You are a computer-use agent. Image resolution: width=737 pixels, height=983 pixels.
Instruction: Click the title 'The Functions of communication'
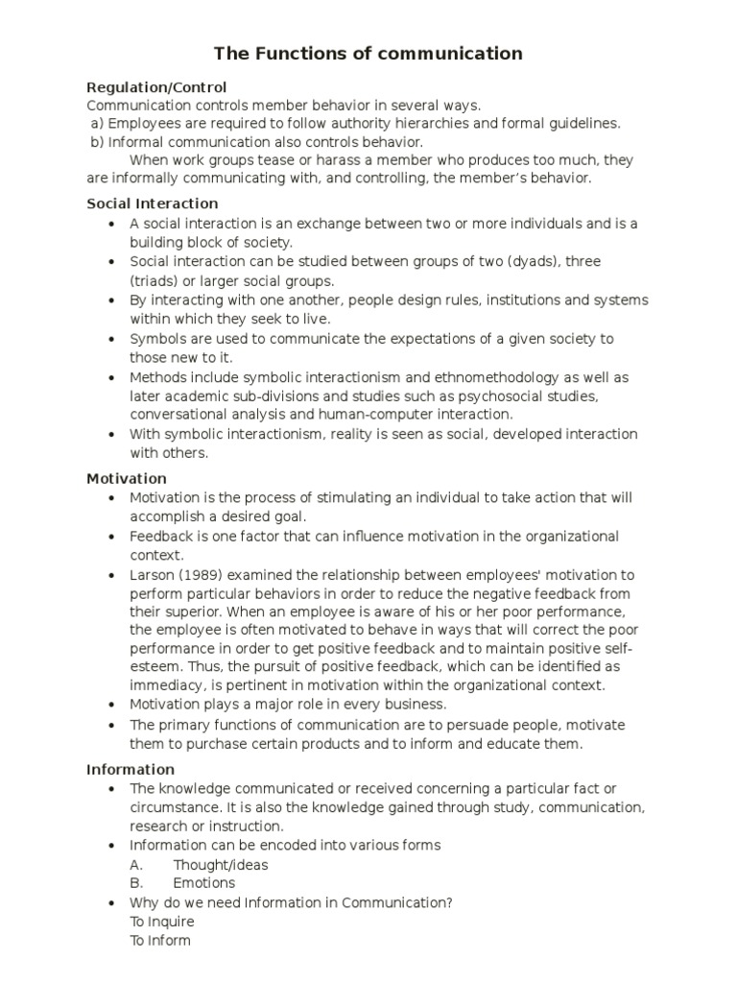tap(368, 54)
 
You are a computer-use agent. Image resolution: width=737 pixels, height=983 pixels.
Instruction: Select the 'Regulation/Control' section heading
tap(156, 87)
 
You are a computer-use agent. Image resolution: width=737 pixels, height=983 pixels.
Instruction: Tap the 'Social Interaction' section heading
tap(153, 204)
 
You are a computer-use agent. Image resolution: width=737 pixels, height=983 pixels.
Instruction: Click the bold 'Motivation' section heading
tap(127, 478)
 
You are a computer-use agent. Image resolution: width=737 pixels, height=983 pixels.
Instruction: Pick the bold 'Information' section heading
tap(131, 769)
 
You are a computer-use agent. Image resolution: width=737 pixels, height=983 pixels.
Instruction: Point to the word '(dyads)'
tap(516, 261)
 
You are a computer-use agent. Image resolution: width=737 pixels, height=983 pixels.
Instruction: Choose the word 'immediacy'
tap(167, 685)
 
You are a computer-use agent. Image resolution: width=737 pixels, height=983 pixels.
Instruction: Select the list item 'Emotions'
tap(203, 883)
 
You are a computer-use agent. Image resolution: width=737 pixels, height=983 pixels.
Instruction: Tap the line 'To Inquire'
tap(162, 922)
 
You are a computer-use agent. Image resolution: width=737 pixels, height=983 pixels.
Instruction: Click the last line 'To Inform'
tap(160, 941)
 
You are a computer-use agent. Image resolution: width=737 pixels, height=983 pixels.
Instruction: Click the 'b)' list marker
tap(96, 142)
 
